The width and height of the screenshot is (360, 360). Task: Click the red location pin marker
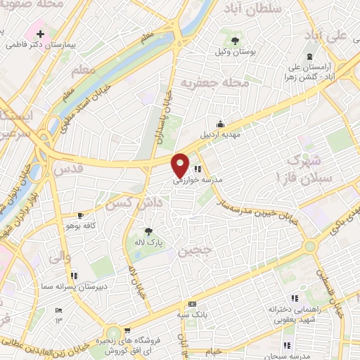point(181,165)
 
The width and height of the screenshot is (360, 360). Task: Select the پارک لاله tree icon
point(148,231)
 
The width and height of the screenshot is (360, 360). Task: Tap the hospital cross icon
point(41,33)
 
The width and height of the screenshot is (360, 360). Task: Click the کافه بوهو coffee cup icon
point(80,215)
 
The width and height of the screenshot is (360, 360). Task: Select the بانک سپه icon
point(192,304)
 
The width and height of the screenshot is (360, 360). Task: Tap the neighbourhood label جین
point(194,250)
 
